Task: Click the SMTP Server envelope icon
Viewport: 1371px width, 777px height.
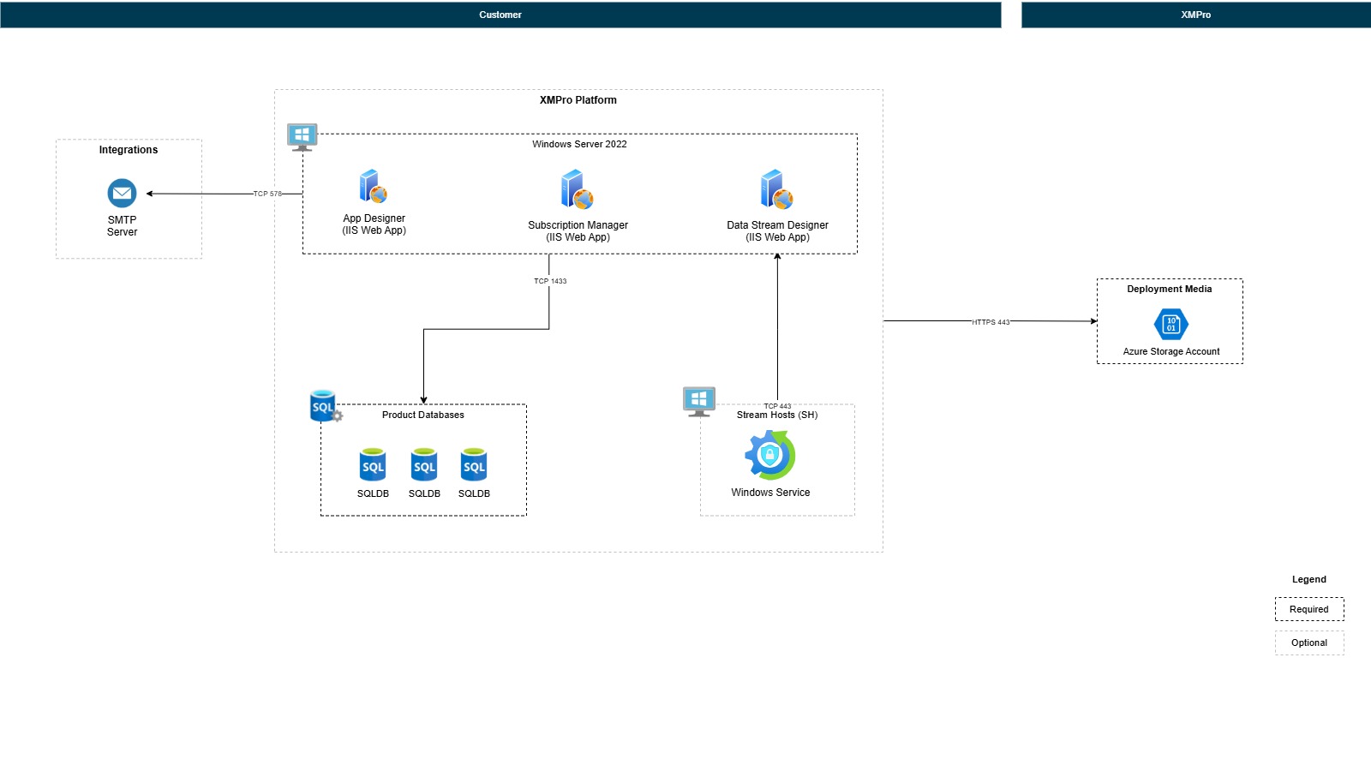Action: [x=122, y=193]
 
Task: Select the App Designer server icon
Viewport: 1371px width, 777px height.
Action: [x=373, y=186]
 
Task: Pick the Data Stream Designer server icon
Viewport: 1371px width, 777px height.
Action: [x=776, y=189]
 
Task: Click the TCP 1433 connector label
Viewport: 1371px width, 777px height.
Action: [x=550, y=281]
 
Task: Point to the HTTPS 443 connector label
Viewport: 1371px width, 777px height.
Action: [x=991, y=322]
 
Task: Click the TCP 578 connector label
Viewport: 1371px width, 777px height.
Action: [x=267, y=194]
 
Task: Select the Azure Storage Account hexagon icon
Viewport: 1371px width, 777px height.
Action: [x=1170, y=325]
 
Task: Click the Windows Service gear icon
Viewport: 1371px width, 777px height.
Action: [x=769, y=455]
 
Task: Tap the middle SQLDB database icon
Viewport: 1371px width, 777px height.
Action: [x=424, y=465]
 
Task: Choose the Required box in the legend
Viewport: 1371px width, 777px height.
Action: [x=1308, y=609]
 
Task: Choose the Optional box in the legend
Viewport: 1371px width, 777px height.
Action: [x=1308, y=643]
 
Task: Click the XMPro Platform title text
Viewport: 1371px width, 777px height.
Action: [x=578, y=100]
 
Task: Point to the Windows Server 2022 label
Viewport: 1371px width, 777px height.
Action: [x=579, y=144]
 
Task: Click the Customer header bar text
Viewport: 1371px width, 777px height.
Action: [x=500, y=15]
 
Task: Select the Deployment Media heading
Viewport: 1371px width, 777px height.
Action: [x=1169, y=289]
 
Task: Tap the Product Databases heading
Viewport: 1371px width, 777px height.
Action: [x=422, y=415]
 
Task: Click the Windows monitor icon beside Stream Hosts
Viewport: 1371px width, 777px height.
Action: [x=699, y=400]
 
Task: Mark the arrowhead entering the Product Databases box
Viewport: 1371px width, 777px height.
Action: [x=423, y=400]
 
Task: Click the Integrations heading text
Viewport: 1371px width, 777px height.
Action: [x=129, y=150]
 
